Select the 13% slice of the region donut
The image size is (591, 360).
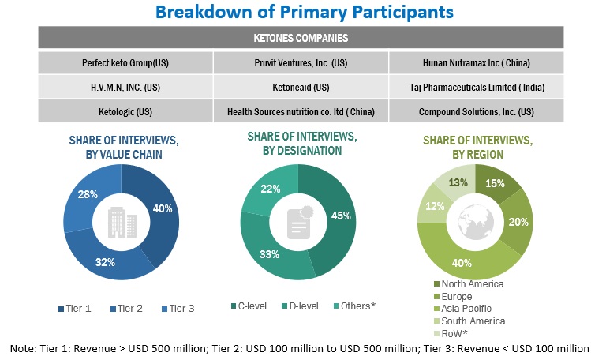458,184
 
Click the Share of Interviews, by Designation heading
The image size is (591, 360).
295,142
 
